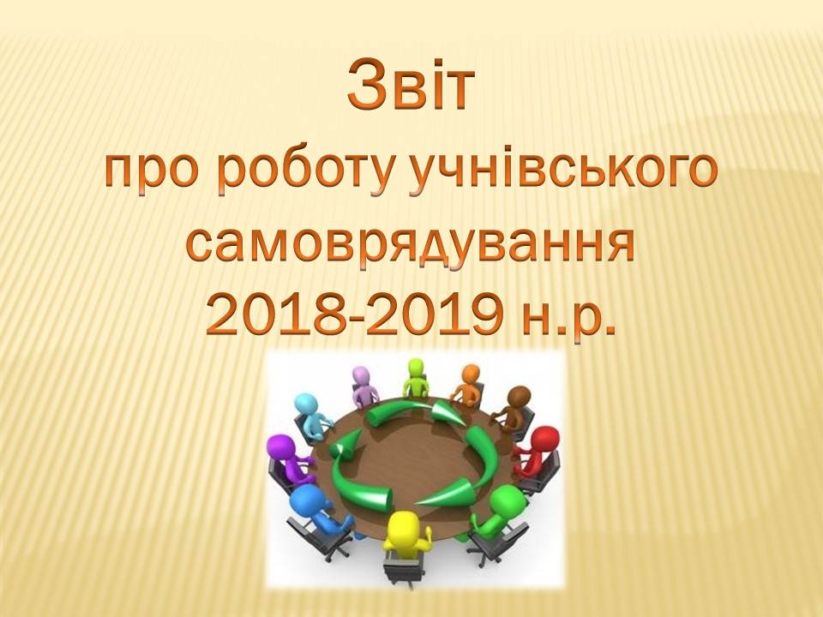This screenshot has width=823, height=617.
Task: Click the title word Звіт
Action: [x=411, y=85]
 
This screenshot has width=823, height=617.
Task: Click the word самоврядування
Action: [x=411, y=247]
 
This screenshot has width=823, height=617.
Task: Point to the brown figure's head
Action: [x=520, y=396]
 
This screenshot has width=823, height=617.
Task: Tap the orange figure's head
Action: [x=471, y=374]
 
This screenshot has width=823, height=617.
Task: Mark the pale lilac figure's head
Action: [x=361, y=376]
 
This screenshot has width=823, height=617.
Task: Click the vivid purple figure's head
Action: [x=282, y=447]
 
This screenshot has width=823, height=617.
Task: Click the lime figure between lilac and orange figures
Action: [x=415, y=376]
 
